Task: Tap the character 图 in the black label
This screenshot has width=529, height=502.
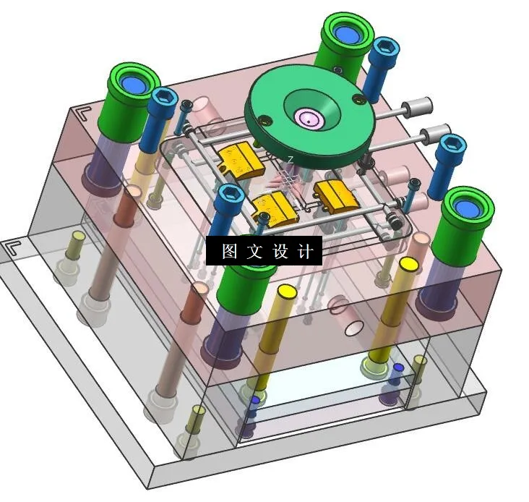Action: (229, 251)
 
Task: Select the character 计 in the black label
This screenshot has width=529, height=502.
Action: (305, 251)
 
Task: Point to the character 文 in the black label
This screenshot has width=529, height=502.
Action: (254, 251)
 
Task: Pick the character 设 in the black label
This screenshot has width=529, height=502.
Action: (280, 251)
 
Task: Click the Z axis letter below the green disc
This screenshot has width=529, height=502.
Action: (291, 159)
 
